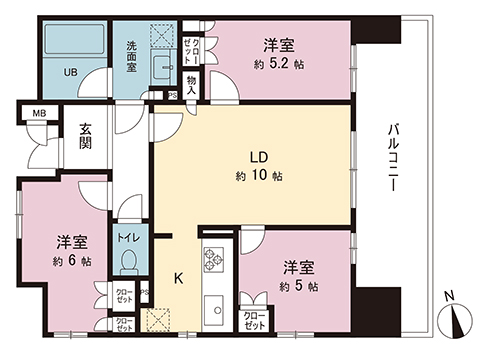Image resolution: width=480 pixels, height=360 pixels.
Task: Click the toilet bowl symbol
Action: coord(130,261)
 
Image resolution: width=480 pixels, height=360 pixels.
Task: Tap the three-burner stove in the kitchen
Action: coord(214,259)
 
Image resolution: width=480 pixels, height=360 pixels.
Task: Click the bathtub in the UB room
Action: coord(74,39)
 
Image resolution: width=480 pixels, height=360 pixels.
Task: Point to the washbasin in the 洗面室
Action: coord(163,67)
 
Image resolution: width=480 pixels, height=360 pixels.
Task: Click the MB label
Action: coord(39,113)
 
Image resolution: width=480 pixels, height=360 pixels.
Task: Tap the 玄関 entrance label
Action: coord(85,136)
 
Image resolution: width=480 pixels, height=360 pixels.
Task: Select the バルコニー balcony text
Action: coord(394,157)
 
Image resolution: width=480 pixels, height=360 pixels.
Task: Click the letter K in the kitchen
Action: coord(179,278)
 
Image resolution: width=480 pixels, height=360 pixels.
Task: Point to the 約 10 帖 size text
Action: coord(259,175)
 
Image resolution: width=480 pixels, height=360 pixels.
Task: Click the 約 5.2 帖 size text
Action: coord(279,63)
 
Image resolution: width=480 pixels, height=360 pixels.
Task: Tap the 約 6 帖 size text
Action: coord(72,261)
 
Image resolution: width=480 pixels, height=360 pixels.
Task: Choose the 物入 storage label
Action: coord(191,84)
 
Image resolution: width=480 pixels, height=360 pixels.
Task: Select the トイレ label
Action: coord(129,238)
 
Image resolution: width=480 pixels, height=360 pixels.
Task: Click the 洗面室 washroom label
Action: coord(131,57)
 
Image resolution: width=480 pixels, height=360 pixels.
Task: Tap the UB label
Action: coord(70,72)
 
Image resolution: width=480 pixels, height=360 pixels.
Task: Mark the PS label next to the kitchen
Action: coord(145,292)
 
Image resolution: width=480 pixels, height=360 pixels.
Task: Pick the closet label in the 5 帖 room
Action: coord(254,320)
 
